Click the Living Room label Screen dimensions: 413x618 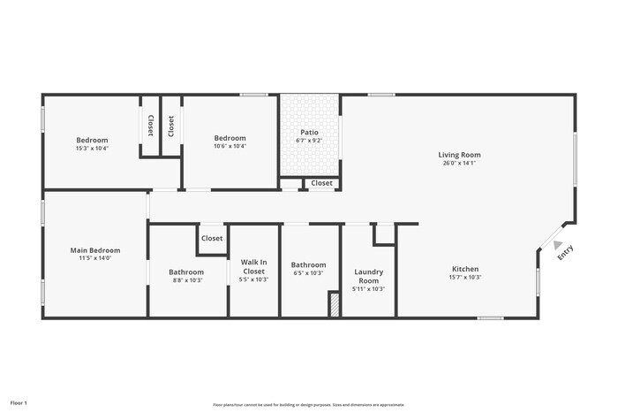[x=459, y=155]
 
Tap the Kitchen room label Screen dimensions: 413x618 [x=465, y=269]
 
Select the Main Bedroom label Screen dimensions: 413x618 [x=95, y=250]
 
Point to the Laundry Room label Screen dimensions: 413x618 [x=368, y=276]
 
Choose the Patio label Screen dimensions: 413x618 [x=310, y=132]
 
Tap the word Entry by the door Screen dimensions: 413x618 [x=566, y=252]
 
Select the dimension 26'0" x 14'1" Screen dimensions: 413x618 [x=459, y=163]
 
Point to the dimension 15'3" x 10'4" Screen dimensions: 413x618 [x=92, y=148]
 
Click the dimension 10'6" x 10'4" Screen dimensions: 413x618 [x=230, y=146]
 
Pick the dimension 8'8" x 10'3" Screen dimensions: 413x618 [x=186, y=279]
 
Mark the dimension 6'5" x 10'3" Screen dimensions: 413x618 [x=308, y=272]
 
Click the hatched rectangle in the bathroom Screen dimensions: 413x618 [x=334, y=305]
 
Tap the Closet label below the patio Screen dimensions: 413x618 [x=321, y=183]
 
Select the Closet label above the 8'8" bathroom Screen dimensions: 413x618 [x=212, y=238]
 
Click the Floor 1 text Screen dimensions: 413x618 [x=19, y=402]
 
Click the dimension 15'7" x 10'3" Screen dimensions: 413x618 [x=465, y=277]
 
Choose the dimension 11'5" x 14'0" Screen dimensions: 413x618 [x=95, y=258]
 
